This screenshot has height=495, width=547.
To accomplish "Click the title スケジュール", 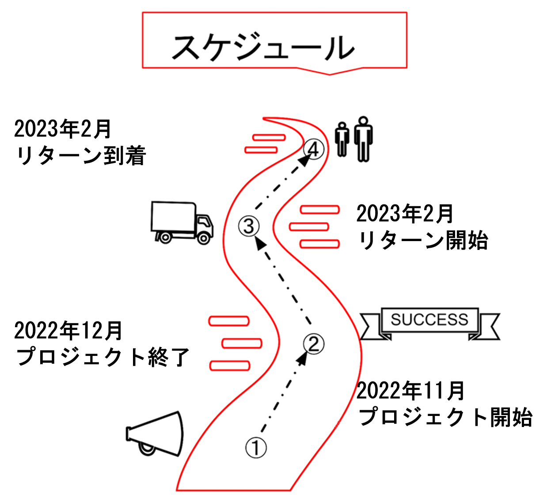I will (263, 47).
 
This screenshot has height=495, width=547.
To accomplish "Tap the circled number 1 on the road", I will (256, 448).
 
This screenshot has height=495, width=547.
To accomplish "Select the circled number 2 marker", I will (314, 344).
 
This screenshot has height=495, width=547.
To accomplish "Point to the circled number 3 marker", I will (249, 226).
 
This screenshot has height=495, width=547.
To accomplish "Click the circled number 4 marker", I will (314, 149).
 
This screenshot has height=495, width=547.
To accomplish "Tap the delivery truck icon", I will (182, 223).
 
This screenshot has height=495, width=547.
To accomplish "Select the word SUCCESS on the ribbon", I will (429, 319).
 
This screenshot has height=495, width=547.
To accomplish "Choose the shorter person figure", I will (342, 139).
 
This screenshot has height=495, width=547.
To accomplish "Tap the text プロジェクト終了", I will (103, 357).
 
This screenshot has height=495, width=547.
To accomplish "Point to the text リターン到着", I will (80, 156).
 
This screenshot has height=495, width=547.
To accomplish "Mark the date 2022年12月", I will (68, 330).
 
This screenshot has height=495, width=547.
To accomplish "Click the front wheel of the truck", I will (203, 238).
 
